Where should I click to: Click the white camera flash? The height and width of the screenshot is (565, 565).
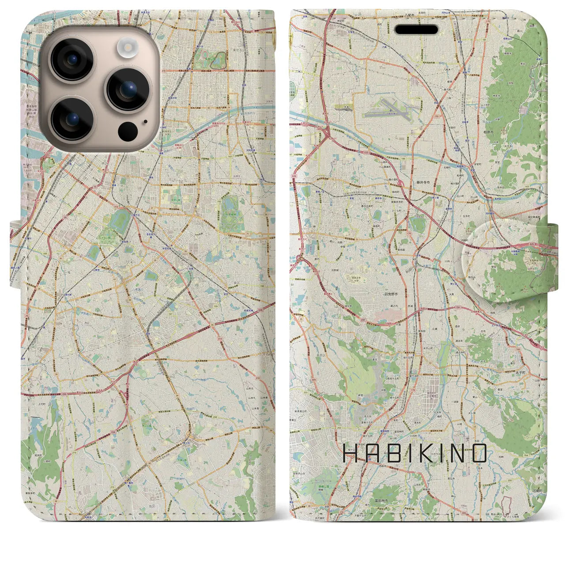128,46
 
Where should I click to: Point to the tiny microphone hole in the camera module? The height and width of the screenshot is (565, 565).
145,122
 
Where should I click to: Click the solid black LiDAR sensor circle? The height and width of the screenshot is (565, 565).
128,131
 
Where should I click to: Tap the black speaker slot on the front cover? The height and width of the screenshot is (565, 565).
416,30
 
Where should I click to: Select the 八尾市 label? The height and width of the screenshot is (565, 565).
410,15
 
